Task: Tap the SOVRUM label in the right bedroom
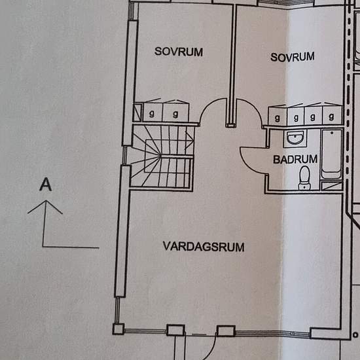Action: [293, 57]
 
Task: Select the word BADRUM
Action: [295, 158]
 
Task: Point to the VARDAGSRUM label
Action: [204, 247]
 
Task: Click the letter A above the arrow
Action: [45, 185]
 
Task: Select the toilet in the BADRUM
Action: [304, 177]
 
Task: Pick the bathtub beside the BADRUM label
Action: [332, 153]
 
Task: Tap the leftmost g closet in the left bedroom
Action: [153, 112]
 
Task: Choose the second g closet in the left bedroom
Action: [175, 112]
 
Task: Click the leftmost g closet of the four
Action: [278, 117]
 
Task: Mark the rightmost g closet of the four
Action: [332, 117]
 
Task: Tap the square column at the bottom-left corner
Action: [118, 329]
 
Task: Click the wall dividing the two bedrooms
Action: [230, 65]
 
